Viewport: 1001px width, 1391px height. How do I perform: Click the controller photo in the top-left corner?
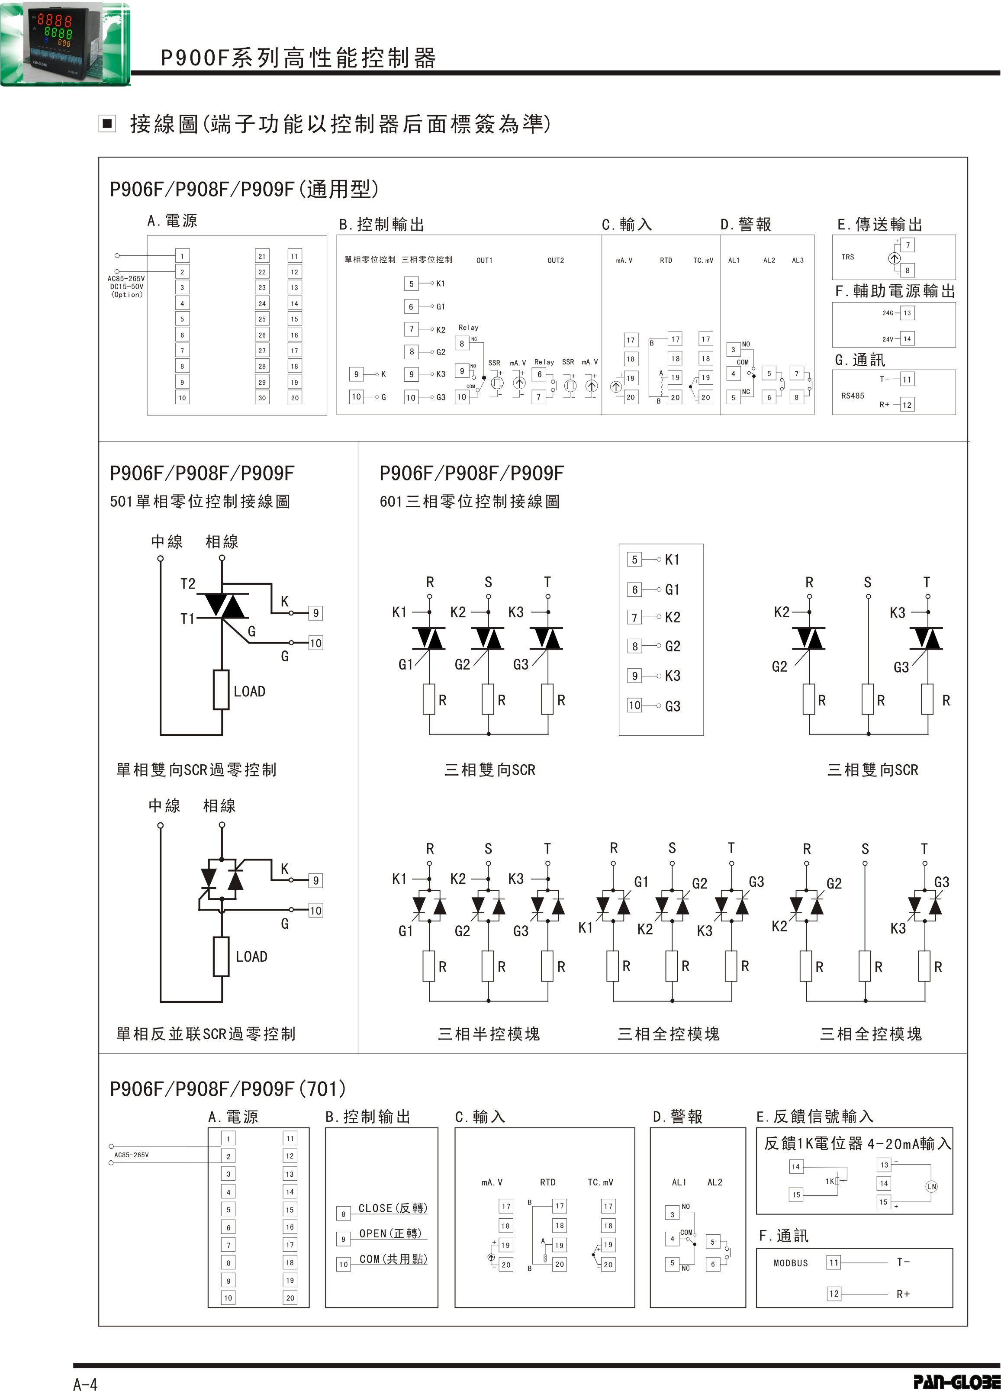[x=64, y=43]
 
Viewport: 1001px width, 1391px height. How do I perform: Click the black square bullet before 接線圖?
[x=107, y=124]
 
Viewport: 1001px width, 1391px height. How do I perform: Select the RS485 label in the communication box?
[x=853, y=396]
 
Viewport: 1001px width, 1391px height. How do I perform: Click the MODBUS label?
[x=791, y=1263]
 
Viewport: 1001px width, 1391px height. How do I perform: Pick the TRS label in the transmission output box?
[x=848, y=257]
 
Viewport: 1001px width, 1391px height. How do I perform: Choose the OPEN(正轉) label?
[x=390, y=1233]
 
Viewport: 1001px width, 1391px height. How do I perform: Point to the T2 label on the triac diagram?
[x=188, y=584]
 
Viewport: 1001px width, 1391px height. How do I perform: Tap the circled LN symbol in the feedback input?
[x=931, y=1187]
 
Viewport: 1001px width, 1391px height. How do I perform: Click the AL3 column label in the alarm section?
[x=797, y=261]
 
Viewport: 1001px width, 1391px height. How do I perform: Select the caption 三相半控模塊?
[x=489, y=1034]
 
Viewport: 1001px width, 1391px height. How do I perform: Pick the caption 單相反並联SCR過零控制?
[x=206, y=1034]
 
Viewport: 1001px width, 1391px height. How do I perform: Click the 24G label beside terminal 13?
[x=888, y=313]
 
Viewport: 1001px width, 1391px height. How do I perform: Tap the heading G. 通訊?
[x=860, y=360]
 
